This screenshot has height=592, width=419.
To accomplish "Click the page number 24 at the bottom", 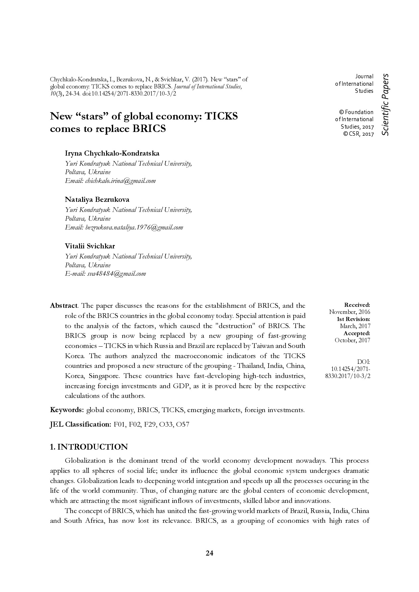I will [209, 553].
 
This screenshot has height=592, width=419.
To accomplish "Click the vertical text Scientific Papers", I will [385, 105].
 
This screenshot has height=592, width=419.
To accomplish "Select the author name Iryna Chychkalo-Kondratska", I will [112, 154].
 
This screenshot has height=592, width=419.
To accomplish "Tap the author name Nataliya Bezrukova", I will [97, 199].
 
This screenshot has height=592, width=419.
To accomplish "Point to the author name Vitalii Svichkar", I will [90, 246].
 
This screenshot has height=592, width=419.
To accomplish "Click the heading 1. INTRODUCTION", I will [89, 447].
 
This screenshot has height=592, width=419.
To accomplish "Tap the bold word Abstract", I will [64, 306].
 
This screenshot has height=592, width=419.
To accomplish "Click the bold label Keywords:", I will [67, 410].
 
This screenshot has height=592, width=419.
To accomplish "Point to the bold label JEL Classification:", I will [80, 425].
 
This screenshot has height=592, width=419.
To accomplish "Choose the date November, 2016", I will [350, 312].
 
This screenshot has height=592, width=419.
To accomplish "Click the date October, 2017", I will [352, 340].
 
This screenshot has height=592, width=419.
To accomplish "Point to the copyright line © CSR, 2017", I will [359, 134].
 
